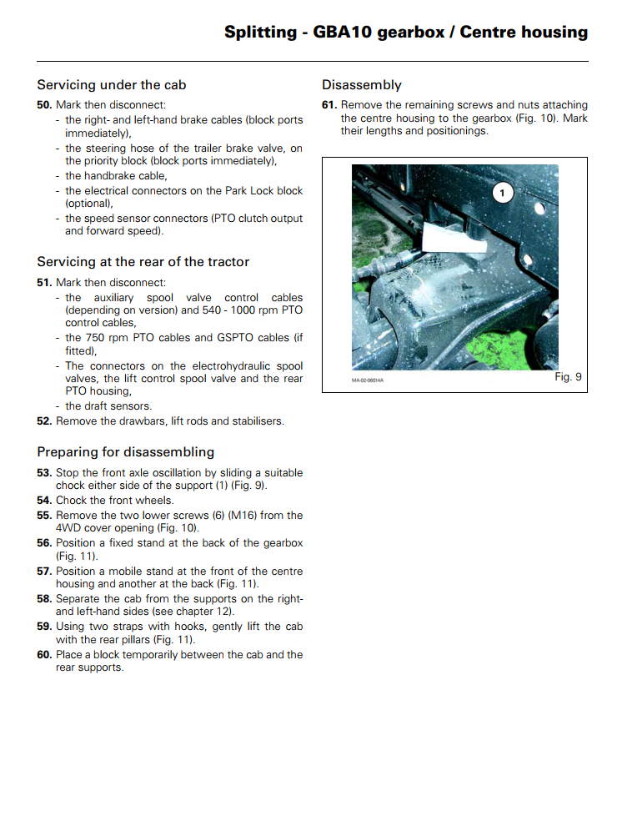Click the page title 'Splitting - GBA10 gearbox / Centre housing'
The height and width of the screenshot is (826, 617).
click(x=405, y=33)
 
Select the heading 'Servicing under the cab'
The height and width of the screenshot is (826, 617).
click(x=111, y=85)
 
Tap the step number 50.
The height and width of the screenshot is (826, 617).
click(x=44, y=105)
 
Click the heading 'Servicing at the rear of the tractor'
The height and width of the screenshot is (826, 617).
click(x=143, y=262)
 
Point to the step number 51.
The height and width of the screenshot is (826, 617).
click(x=44, y=283)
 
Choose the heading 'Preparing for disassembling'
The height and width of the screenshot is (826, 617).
click(x=125, y=452)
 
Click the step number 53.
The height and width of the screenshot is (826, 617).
click(x=44, y=473)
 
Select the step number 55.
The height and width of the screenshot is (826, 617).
click(x=44, y=516)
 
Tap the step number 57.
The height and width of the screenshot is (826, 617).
click(x=44, y=572)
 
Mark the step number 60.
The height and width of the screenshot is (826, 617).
click(x=44, y=655)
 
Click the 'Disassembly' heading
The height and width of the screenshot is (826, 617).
click(x=361, y=85)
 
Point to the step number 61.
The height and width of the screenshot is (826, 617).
click(x=329, y=105)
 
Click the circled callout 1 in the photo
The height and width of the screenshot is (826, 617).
click(x=502, y=194)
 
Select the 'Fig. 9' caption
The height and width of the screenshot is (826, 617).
click(x=568, y=377)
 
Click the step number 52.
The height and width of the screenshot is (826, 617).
click(x=44, y=421)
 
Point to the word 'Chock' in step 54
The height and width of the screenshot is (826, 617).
click(x=72, y=501)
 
